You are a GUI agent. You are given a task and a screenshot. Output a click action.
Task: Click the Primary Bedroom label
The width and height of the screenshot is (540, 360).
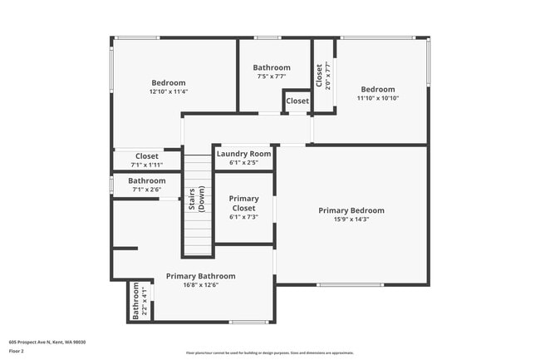tap(351, 210)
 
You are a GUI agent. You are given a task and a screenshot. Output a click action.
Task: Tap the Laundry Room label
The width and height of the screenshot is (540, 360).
tap(243, 154)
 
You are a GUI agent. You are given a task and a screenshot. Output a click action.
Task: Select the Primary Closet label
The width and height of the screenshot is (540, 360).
tap(243, 204)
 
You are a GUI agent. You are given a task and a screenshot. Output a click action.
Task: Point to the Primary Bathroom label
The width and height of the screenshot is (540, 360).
tap(200, 276)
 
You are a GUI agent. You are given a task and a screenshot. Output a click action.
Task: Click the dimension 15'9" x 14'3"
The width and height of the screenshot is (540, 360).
tap(351, 220)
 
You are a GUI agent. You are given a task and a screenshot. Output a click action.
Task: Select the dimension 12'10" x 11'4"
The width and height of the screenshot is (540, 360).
tap(169, 91)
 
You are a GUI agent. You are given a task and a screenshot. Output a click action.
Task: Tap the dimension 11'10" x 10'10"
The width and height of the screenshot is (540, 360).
tap(377, 98)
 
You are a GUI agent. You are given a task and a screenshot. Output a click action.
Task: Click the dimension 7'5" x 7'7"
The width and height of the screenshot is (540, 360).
tap(272, 76)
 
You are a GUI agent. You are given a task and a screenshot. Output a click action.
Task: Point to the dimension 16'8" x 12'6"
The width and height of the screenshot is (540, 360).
tap(200, 285)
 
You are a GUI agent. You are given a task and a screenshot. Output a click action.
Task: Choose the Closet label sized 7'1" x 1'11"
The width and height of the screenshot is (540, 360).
tap(147, 155)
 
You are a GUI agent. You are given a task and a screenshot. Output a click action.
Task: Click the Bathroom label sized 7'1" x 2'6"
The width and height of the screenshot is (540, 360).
tap(147, 180)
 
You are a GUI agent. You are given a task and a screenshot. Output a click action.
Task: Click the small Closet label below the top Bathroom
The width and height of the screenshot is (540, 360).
tap(297, 101)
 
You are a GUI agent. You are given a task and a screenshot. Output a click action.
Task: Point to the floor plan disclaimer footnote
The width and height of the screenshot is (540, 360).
tap(269, 353)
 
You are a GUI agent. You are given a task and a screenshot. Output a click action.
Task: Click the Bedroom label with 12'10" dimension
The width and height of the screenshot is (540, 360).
tap(169, 82)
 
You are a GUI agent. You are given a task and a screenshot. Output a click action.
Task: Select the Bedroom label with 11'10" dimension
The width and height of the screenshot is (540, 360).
tap(377, 89)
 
